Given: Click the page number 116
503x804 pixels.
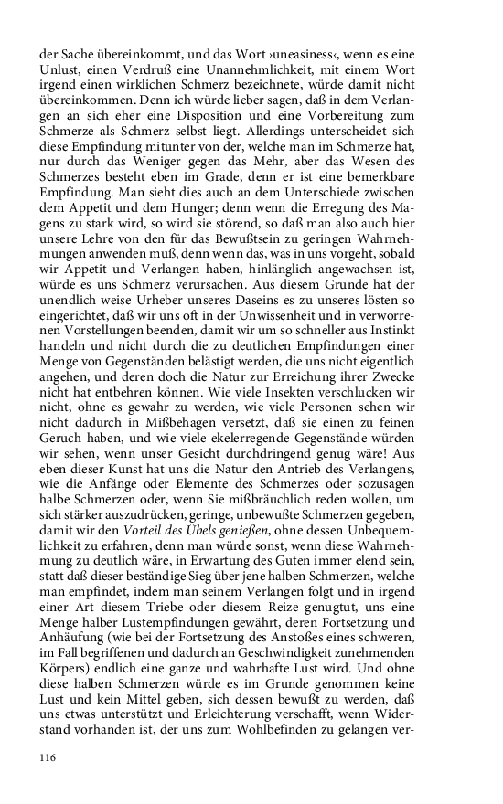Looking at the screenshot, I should pyautogui.click(x=48, y=757).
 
